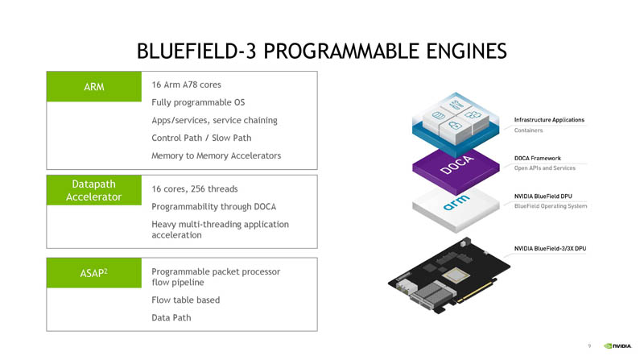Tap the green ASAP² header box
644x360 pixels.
tap(93, 273)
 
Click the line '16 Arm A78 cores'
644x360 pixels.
tap(186, 85)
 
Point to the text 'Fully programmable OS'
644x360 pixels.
tap(197, 102)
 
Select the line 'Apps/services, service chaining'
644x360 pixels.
tap(214, 120)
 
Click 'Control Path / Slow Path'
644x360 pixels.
tap(201, 138)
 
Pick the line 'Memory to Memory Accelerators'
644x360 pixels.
tap(216, 155)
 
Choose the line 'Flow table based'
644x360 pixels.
tap(185, 300)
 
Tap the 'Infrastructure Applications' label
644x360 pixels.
tap(549, 120)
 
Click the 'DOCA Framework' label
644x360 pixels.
tap(537, 159)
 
